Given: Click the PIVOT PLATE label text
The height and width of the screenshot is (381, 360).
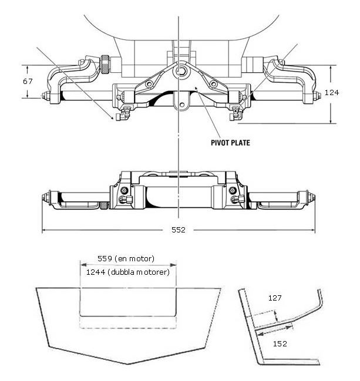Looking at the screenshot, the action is click(x=230, y=143).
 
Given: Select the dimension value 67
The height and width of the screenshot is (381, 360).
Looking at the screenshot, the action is click(x=28, y=82).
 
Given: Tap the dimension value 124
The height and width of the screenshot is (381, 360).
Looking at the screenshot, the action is click(x=332, y=92).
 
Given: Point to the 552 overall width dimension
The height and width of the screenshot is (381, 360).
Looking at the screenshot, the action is click(x=179, y=230).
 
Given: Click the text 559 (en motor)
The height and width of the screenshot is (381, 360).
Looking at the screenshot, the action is click(x=126, y=258).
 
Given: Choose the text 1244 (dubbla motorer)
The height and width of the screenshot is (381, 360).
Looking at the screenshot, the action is click(x=128, y=272).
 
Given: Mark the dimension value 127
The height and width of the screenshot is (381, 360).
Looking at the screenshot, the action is click(x=275, y=298).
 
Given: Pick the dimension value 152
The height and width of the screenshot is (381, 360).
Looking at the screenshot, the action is click(x=280, y=343).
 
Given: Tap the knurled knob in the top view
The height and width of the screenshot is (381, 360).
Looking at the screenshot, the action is click(x=105, y=65).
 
